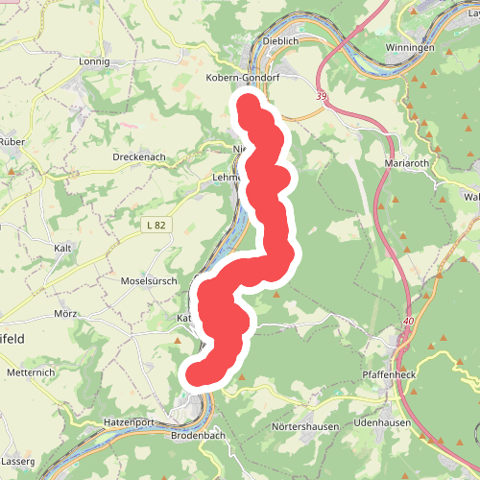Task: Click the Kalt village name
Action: [x=64, y=248]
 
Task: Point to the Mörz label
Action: [x=66, y=314]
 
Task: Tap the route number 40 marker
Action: [x=410, y=321]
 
